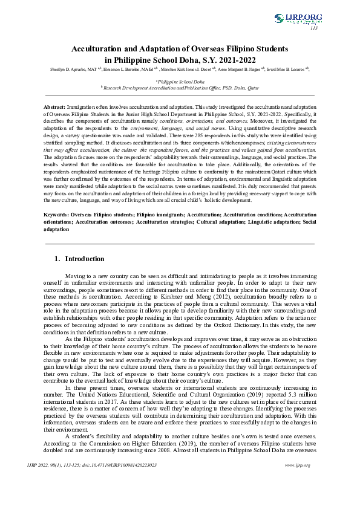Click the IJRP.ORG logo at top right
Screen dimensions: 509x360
(x=298, y=19)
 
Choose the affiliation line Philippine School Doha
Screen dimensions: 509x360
(x=180, y=81)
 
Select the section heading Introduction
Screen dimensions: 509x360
(x=84, y=258)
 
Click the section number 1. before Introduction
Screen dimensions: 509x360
(x=57, y=258)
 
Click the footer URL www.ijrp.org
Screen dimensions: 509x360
(x=297, y=481)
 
